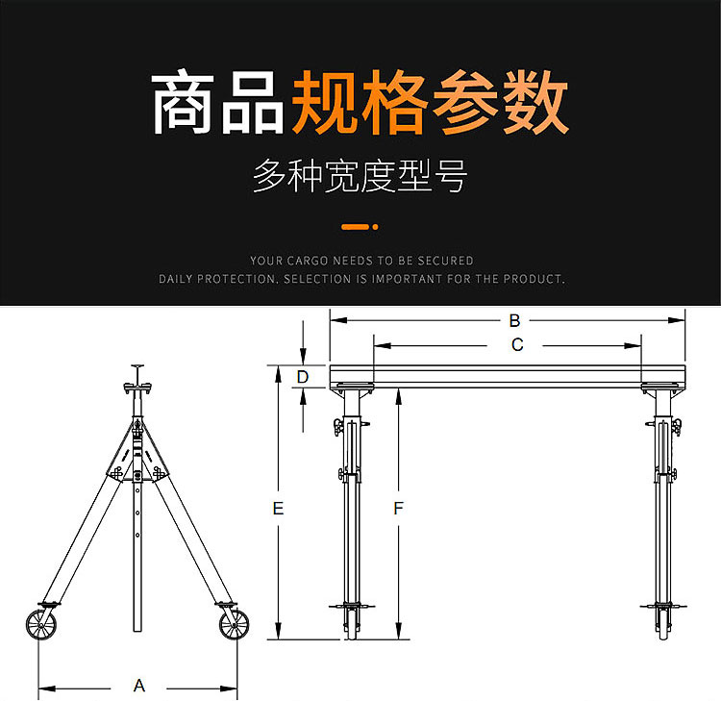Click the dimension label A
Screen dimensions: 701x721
(138, 686)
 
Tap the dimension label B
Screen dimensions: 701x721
(514, 320)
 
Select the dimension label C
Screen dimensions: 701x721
(516, 345)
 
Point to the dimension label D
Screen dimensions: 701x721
(303, 376)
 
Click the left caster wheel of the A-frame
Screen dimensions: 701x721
(41, 625)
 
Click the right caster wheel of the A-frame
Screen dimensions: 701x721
(232, 625)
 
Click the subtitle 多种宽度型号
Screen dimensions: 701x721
(360, 176)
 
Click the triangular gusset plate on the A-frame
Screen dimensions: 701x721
(137, 452)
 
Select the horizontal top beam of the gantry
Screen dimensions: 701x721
(507, 375)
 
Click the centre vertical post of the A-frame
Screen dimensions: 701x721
(137, 558)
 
